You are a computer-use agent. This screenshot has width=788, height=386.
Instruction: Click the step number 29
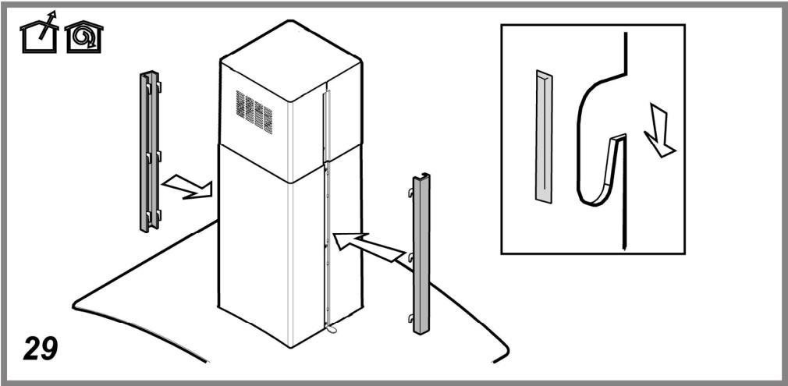(40, 348)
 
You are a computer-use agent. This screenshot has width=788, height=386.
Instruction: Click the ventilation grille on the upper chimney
(254, 112)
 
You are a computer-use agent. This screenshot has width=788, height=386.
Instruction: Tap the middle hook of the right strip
(410, 257)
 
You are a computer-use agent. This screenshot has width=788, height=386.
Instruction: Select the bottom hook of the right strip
(410, 317)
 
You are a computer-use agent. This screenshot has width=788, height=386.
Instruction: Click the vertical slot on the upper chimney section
(326, 125)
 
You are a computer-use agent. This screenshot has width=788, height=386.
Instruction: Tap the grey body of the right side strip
(421, 265)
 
